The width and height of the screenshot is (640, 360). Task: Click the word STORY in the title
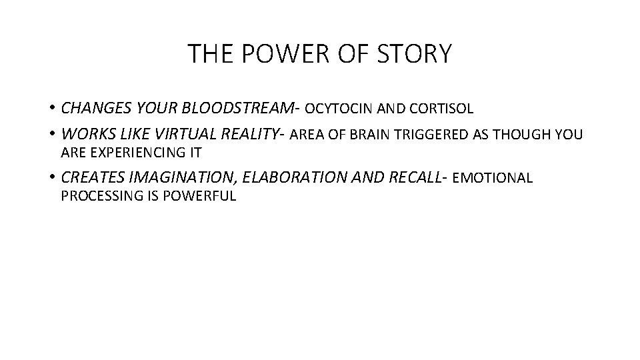tap(417, 54)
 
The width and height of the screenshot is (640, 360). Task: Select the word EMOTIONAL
tap(493, 179)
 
